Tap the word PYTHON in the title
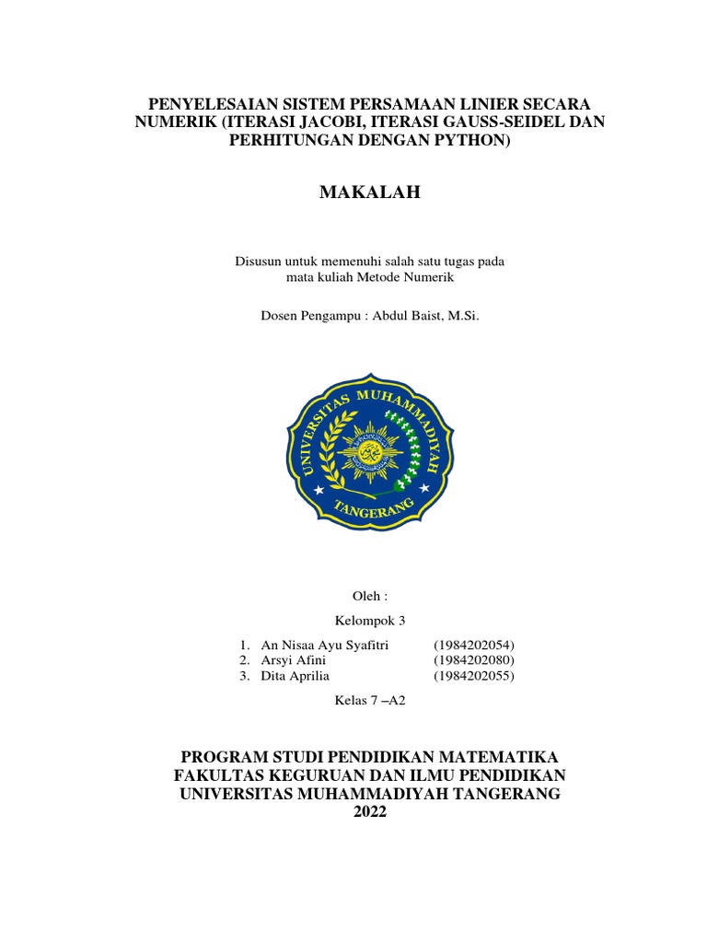(x=470, y=140)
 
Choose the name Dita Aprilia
(x=296, y=676)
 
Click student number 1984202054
(x=474, y=645)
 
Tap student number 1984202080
(x=474, y=660)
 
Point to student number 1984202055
(x=474, y=676)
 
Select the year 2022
(x=370, y=812)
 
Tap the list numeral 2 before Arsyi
(x=242, y=660)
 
